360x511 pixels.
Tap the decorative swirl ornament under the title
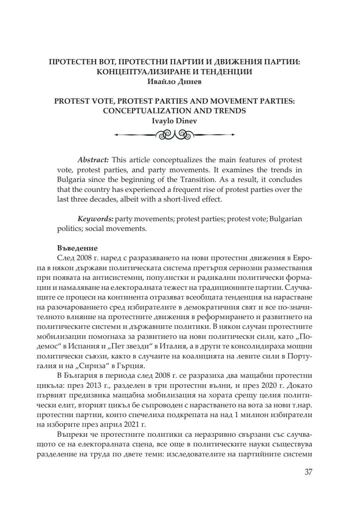[174, 135]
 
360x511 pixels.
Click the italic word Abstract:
[91, 160]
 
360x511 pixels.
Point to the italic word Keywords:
[95, 219]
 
